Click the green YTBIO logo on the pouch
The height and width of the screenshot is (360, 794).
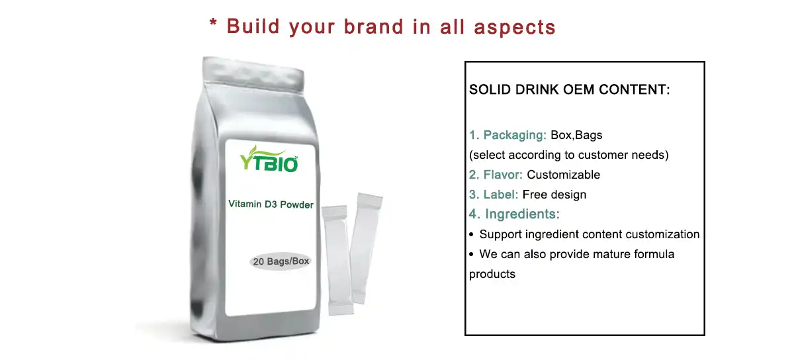[269, 159]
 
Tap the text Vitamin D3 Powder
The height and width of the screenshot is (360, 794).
[271, 204]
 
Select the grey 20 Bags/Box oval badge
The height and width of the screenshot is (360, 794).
[281, 261]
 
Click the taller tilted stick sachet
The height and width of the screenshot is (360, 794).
[367, 248]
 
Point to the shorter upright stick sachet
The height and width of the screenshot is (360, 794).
[337, 260]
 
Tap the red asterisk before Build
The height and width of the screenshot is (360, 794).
[213, 23]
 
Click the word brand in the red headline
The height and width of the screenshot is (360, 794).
[374, 26]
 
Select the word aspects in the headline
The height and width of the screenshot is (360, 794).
[515, 27]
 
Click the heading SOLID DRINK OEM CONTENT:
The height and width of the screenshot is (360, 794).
[569, 89]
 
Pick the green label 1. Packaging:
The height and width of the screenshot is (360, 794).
[507, 135]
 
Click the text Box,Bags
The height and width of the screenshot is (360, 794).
[576, 135]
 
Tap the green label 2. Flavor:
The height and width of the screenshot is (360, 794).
[496, 175]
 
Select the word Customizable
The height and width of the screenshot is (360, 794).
[563, 175]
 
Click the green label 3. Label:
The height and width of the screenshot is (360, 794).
[494, 195]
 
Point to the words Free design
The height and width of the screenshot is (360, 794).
[554, 195]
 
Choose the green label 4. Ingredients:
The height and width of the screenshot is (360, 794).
[514, 214]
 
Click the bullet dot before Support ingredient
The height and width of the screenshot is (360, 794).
[471, 234]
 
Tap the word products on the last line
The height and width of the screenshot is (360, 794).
[492, 274]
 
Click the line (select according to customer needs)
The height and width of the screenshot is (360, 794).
[569, 155]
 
